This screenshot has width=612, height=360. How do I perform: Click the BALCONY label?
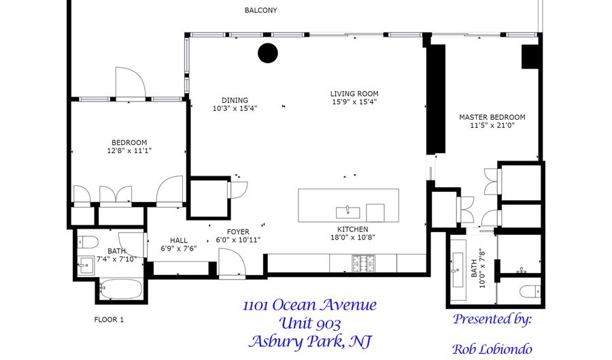pos(260,10)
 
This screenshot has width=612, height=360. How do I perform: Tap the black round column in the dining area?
pos(268,52)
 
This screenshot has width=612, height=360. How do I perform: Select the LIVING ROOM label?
pos(354,94)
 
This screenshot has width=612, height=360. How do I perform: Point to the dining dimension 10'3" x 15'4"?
pos(235,109)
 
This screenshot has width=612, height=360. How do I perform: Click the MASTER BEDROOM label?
pos(492,117)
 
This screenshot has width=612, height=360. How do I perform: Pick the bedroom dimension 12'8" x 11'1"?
pos(129,150)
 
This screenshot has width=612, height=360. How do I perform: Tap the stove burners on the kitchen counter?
pos(363,263)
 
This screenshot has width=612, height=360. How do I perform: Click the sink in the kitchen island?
pos(348,212)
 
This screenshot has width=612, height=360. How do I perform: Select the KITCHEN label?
pos(353,229)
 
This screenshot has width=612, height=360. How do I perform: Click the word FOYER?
pos(238,232)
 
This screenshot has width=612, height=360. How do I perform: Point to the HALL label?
pos(179,240)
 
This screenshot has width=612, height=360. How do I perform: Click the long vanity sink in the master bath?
pos(458,268)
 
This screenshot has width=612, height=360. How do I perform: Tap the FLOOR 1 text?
pos(109,320)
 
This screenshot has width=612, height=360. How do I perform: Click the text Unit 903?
pos(309,324)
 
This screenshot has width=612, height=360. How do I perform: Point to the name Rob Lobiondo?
pos(492,348)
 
